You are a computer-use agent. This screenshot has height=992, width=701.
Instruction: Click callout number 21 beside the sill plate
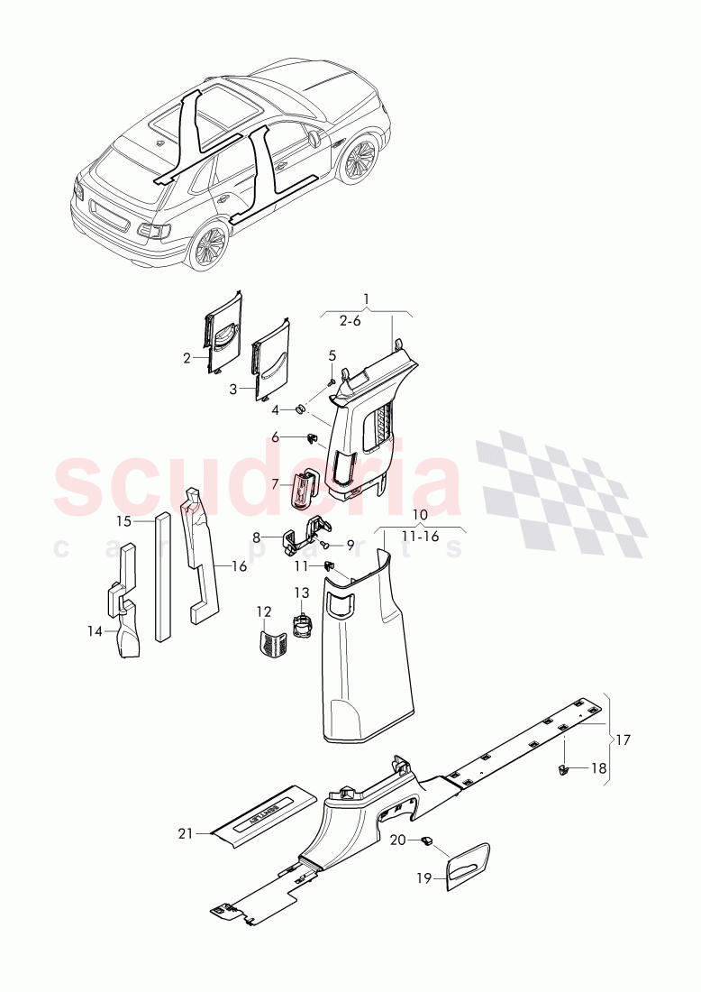[x=186, y=834]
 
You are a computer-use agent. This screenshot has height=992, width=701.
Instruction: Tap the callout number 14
[x=95, y=631]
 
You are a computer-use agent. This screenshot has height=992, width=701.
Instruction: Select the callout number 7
[x=276, y=484]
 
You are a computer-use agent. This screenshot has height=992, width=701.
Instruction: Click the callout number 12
[x=263, y=612]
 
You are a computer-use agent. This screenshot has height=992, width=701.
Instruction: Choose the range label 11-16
[x=420, y=537]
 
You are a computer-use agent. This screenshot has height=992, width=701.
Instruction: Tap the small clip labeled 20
[x=425, y=840]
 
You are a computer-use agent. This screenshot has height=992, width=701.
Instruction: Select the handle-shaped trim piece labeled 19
[x=469, y=866]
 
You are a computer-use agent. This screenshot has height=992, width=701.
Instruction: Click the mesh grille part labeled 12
[x=269, y=644]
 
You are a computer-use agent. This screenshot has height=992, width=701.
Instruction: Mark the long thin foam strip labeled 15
[x=162, y=577]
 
